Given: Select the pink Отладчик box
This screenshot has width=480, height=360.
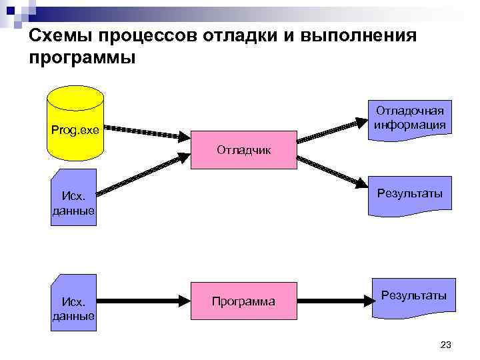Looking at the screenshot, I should point(243,150).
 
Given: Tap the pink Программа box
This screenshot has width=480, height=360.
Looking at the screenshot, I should point(243,301).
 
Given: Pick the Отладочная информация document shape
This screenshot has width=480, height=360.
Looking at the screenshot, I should point(409,118).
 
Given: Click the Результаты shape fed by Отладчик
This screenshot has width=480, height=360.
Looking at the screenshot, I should point(409,195).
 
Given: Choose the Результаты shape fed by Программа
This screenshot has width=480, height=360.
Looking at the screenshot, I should point(413,297).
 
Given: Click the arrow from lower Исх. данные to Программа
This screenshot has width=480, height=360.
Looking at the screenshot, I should point(143,301).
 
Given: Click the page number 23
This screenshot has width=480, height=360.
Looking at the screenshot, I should point(446,345).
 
